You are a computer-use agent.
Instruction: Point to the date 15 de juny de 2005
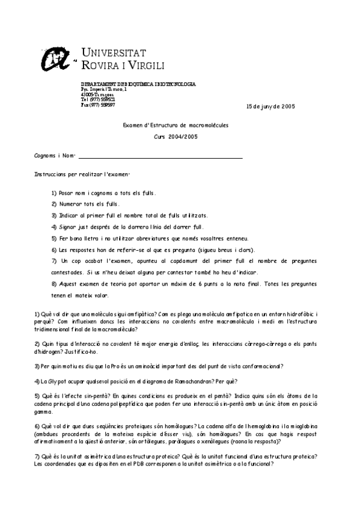270,106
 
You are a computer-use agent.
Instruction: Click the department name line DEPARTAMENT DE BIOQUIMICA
138,84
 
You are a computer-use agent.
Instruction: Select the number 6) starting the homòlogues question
37,425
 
